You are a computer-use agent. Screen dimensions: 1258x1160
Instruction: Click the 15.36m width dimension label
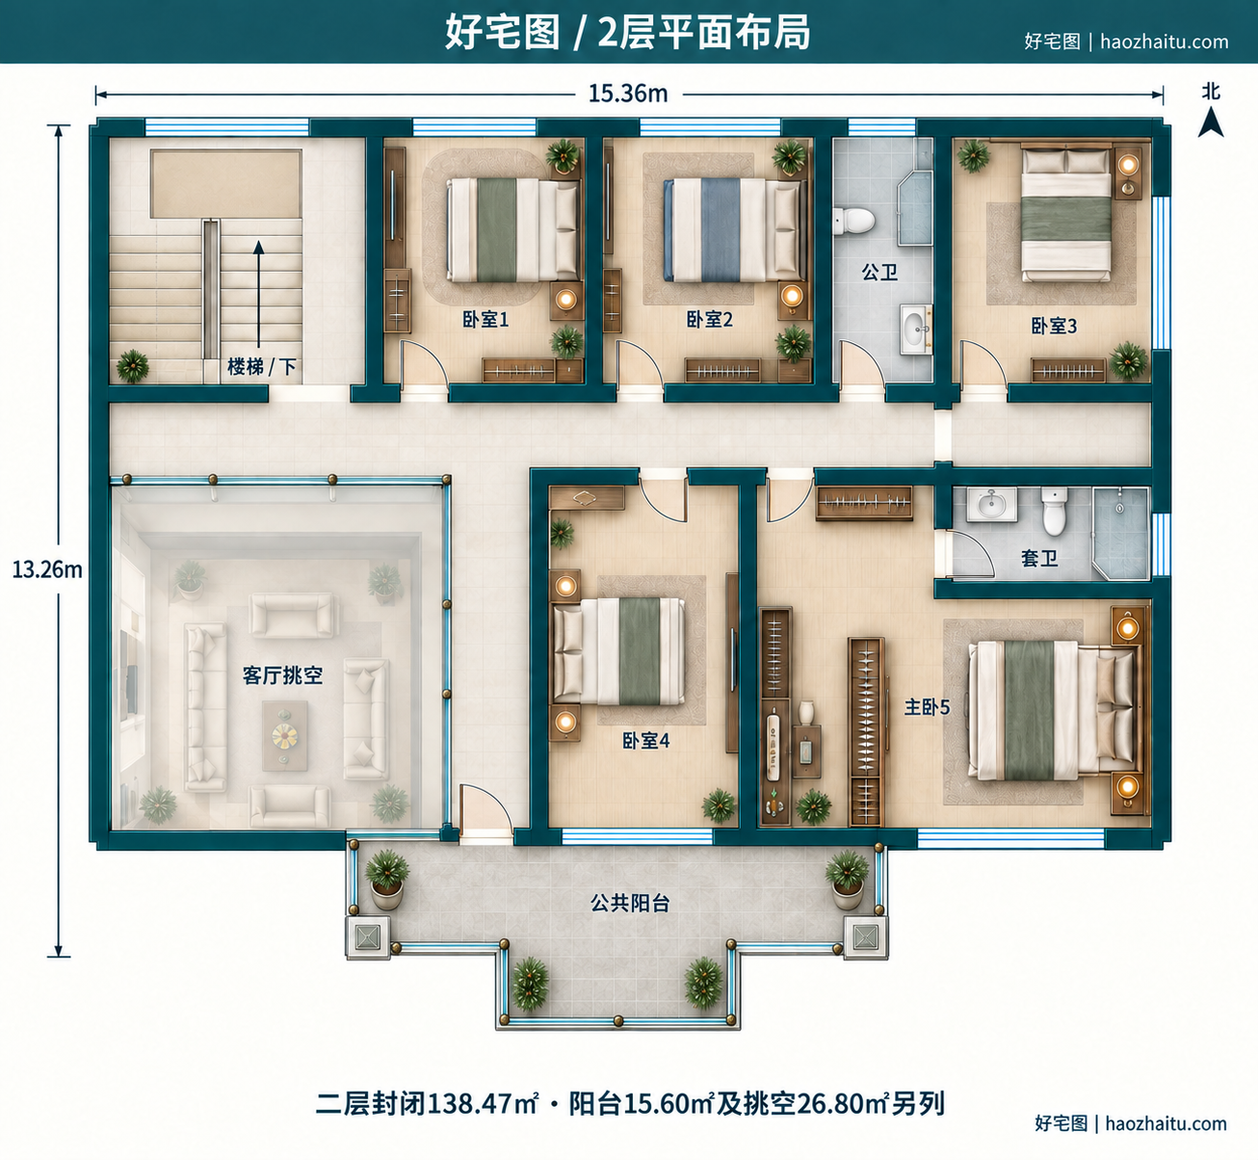[x=628, y=93]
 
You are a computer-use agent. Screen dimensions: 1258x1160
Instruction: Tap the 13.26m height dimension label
[x=47, y=569]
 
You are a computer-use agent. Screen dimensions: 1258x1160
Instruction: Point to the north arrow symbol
[x=1211, y=121]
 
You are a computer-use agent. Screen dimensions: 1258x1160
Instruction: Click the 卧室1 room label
[x=485, y=320]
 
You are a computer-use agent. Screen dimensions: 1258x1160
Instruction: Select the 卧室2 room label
[x=710, y=320]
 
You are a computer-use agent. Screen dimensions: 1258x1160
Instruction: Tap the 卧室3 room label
[x=1054, y=326]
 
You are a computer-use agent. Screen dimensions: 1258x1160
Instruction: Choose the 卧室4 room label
[x=646, y=740]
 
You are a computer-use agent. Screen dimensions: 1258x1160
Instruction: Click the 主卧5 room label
[x=927, y=707]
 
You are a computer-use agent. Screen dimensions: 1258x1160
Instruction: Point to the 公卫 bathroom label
[x=879, y=273]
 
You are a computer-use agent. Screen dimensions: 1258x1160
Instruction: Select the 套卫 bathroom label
[x=1039, y=559]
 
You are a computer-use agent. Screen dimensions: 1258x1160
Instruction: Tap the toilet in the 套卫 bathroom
[x=1055, y=511]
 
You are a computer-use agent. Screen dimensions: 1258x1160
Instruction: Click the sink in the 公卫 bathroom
[x=916, y=329]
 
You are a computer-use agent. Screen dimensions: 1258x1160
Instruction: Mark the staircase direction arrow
[x=258, y=294]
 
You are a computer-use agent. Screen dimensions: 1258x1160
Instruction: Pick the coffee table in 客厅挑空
[x=285, y=735]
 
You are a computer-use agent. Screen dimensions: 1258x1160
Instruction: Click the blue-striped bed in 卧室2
[x=732, y=229]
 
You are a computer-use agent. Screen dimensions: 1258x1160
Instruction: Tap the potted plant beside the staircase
[x=132, y=366]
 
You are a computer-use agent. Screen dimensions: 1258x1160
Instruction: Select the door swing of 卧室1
[x=425, y=362]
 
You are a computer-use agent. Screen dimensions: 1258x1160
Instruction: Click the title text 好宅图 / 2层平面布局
[x=628, y=33]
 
